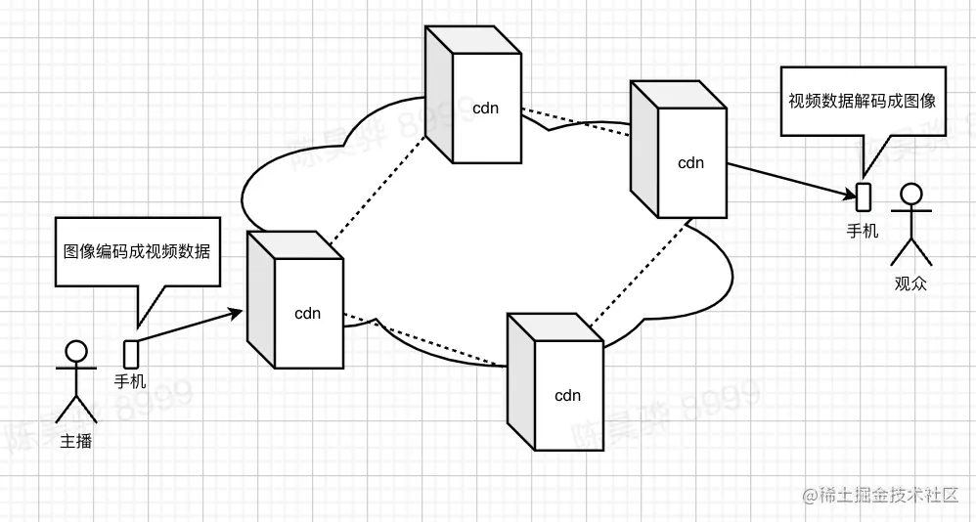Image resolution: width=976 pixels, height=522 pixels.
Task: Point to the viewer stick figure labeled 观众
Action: (x=910, y=225)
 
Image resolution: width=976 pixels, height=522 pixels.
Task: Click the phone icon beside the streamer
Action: (x=130, y=353)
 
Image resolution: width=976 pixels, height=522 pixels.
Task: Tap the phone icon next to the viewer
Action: (x=863, y=196)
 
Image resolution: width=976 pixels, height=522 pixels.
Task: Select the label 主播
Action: (x=76, y=441)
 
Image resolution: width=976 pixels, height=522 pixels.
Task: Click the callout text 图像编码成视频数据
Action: (x=136, y=251)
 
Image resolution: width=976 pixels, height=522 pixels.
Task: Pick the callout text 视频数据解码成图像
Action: (x=863, y=101)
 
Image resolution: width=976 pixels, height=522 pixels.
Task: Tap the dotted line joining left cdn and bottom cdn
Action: (x=425, y=341)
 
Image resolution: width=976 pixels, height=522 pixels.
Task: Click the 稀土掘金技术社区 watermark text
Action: (x=888, y=496)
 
